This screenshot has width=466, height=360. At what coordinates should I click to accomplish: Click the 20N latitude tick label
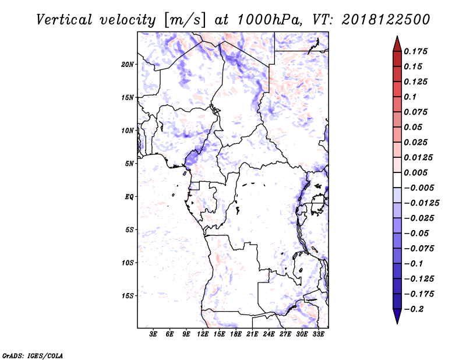128,64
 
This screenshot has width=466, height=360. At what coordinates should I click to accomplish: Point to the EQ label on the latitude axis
129,197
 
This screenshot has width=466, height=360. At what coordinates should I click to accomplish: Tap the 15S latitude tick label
128,296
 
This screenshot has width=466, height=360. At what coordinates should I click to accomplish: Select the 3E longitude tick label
153,334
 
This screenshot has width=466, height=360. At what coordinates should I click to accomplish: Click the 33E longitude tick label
318,334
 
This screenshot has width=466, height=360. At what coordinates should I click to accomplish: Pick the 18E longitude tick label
236,334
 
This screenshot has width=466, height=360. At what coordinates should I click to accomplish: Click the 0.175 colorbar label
415,51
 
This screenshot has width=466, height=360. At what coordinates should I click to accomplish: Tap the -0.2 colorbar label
414,309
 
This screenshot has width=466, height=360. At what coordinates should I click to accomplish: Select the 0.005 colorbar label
415,172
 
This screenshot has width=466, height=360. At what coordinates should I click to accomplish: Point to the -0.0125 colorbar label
421,203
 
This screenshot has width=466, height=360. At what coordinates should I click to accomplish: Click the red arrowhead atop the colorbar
397,44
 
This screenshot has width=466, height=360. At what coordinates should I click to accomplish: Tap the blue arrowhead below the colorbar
397,316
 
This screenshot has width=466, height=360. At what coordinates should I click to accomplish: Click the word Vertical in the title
64,20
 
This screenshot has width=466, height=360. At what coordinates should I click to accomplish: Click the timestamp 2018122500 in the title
386,20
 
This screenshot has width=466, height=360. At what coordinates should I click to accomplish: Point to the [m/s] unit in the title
185,20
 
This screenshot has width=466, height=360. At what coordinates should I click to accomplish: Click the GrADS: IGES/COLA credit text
33,356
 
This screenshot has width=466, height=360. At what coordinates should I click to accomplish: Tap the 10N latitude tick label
128,130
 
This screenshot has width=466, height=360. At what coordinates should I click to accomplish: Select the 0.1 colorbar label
410,97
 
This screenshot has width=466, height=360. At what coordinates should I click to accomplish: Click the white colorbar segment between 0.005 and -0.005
397,180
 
